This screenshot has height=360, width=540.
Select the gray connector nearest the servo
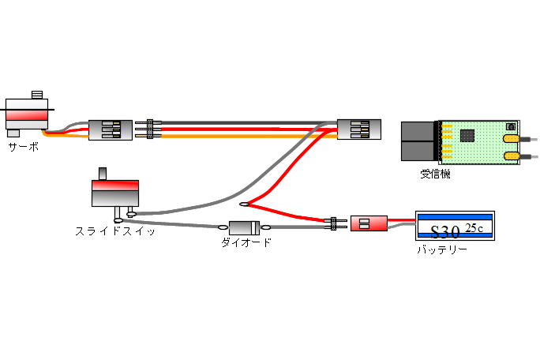[x=110, y=129]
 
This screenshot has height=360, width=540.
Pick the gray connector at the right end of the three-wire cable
[x=358, y=129]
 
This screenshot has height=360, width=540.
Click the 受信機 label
[x=435, y=174]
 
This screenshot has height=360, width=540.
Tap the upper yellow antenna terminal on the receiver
[x=511, y=143]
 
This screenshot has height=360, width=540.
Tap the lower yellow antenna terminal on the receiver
[x=511, y=159]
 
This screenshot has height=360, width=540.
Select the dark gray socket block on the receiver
[x=418, y=142]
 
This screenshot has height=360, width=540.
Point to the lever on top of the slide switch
[x=102, y=173]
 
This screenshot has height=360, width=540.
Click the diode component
[x=246, y=227]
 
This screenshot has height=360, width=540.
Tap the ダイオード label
[x=246, y=242]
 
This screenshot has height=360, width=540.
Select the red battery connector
[x=368, y=223]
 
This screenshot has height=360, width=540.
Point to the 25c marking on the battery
[x=474, y=228]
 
